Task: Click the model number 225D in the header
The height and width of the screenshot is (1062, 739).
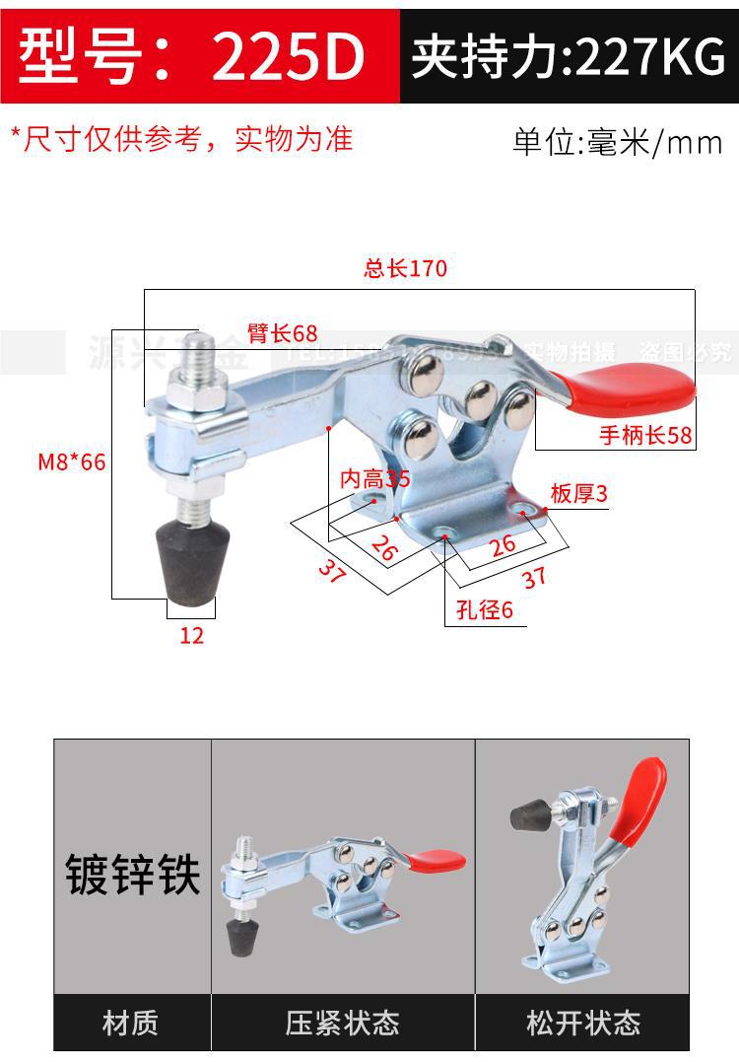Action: click(x=288, y=56)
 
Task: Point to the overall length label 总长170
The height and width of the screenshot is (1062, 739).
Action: click(x=405, y=268)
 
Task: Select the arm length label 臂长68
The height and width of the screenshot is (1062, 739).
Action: click(x=283, y=333)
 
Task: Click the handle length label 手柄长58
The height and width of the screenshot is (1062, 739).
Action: click(x=645, y=435)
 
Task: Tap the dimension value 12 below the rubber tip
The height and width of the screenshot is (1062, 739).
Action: click(x=191, y=636)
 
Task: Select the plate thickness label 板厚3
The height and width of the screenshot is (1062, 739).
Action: click(x=579, y=494)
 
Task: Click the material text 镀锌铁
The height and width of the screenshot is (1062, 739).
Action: click(x=133, y=875)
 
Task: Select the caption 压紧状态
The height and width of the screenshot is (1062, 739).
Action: click(x=343, y=1023)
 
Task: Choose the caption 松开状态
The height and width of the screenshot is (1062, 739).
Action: click(x=583, y=1023)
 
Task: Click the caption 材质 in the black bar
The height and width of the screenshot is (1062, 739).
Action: click(x=131, y=1023)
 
